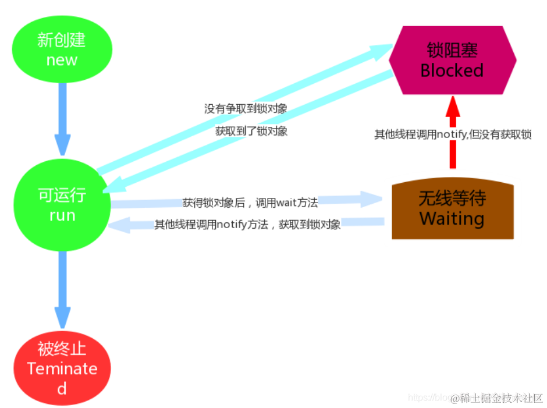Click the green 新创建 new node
[61, 50]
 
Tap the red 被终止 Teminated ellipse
[62, 368]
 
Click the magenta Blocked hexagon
[452, 60]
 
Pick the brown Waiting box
[452, 210]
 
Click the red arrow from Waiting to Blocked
[452, 134]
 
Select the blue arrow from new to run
[62, 116]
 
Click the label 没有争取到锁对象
[245, 109]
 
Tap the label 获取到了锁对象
[251, 132]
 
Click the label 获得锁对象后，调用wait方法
[250, 203]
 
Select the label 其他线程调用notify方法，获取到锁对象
[247, 224]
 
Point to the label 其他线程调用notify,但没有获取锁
[452, 134]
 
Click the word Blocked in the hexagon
[452, 70]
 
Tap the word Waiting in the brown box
[452, 219]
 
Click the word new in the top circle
[62, 60]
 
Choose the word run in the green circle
[62, 215]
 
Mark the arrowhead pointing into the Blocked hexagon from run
[381, 49]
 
